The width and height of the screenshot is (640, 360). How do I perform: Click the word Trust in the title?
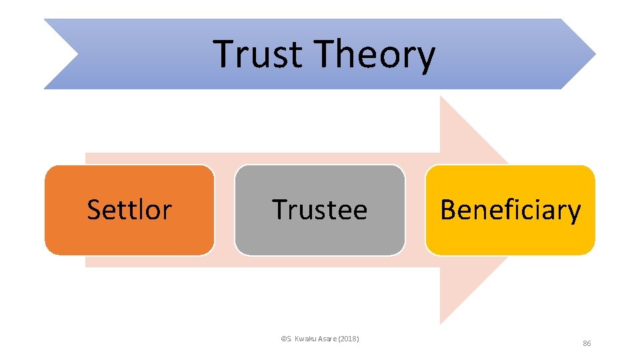pyautogui.click(x=258, y=55)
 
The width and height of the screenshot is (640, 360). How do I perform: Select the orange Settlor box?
pyautogui.click(x=129, y=210)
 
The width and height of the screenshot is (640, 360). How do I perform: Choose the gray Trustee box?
pyautogui.click(x=319, y=210)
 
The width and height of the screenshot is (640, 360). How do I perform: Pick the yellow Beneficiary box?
pyautogui.click(x=510, y=210)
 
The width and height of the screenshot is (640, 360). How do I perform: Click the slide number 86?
pyautogui.click(x=587, y=343)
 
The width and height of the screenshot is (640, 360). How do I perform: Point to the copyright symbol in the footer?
pyautogui.click(x=283, y=339)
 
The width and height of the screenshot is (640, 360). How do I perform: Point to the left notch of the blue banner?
pyautogui.click(x=78, y=54)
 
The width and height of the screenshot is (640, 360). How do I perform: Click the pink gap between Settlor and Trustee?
pyautogui.click(x=225, y=210)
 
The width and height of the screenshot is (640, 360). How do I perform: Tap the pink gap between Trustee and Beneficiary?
pyautogui.click(x=415, y=210)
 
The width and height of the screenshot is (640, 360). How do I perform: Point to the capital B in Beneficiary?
pyautogui.click(x=447, y=210)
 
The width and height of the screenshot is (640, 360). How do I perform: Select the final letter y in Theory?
pyautogui.click(x=427, y=59)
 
